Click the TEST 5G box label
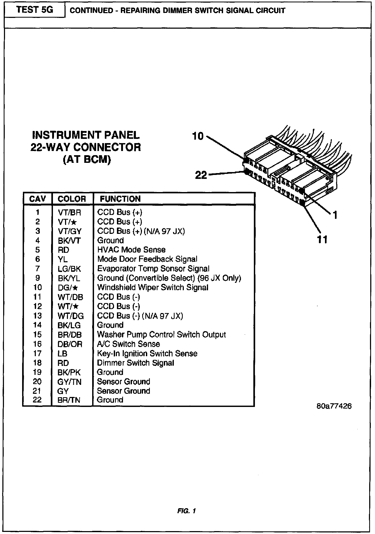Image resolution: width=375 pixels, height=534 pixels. tap(35, 10)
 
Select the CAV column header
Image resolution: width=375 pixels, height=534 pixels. tap(37, 199)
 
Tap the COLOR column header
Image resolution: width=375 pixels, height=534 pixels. tap(72, 199)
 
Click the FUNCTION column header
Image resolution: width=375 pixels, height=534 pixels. tap(120, 199)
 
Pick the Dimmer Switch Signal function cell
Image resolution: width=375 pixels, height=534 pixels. tap(135, 363)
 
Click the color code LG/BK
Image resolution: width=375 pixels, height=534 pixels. tap(69, 269)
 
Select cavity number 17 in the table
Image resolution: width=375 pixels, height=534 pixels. tap(37, 353)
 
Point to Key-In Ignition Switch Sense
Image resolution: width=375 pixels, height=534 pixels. tap(147, 353)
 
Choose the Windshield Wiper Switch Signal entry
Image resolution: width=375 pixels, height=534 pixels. tap(153, 288)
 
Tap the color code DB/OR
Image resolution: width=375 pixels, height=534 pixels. tap(70, 344)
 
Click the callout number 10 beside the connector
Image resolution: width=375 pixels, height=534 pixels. tap(198, 136)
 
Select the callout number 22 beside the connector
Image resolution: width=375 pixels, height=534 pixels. tap(201, 175)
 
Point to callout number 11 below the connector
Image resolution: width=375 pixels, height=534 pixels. tap(322, 240)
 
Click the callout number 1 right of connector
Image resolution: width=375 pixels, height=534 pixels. tap(335, 215)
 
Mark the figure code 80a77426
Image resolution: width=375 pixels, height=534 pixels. tap(334, 406)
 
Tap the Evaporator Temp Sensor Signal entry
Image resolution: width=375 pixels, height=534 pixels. tap(153, 269)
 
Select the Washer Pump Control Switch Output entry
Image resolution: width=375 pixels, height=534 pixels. tap(161, 335)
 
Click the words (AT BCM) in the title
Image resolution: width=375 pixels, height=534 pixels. tap(87, 160)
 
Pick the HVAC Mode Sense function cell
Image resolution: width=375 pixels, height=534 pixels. tap(131, 250)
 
